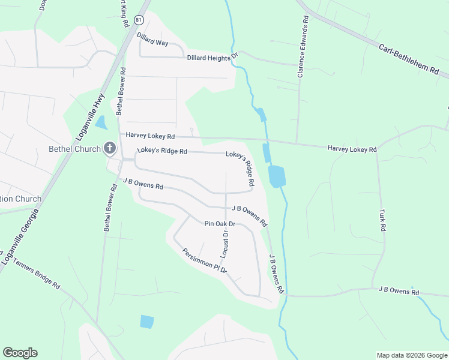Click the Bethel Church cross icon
pyautogui.click(x=109, y=148)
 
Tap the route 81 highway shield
pyautogui.click(x=139, y=20)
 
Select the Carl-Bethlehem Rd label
pyautogui.click(x=409, y=58)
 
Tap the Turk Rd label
pyautogui.click(x=381, y=220)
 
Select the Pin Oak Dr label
pyautogui.click(x=220, y=224)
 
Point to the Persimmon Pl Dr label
pyautogui.click(x=205, y=261)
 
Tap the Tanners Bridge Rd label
pyautogui.click(x=36, y=273)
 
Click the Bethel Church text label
pyautogui.click(x=74, y=149)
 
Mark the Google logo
pyautogui.click(x=20, y=353)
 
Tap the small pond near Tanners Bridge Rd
pyautogui.click(x=146, y=321)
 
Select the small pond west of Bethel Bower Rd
pyautogui.click(x=100, y=122)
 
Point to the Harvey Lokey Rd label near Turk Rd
pyautogui.click(x=351, y=149)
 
